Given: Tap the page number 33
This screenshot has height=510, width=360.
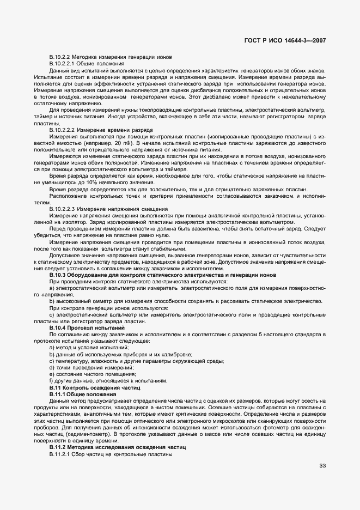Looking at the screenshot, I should pyautogui.click(x=323, y=465).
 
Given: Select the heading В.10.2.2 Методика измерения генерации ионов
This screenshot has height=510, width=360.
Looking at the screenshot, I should pyautogui.click(x=111, y=57).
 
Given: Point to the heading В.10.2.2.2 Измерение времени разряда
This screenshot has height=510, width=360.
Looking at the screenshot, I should pyautogui.click(x=101, y=130).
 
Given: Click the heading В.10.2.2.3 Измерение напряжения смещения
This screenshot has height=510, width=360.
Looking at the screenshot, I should pyautogui.click(x=108, y=209).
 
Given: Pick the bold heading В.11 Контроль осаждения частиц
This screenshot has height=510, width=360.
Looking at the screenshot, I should pyautogui.click(x=94, y=387).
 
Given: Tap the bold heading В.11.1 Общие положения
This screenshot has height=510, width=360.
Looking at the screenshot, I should pyautogui.click(x=82, y=394).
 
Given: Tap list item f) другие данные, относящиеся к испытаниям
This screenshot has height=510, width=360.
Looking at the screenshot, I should pyautogui.click(x=105, y=380).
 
